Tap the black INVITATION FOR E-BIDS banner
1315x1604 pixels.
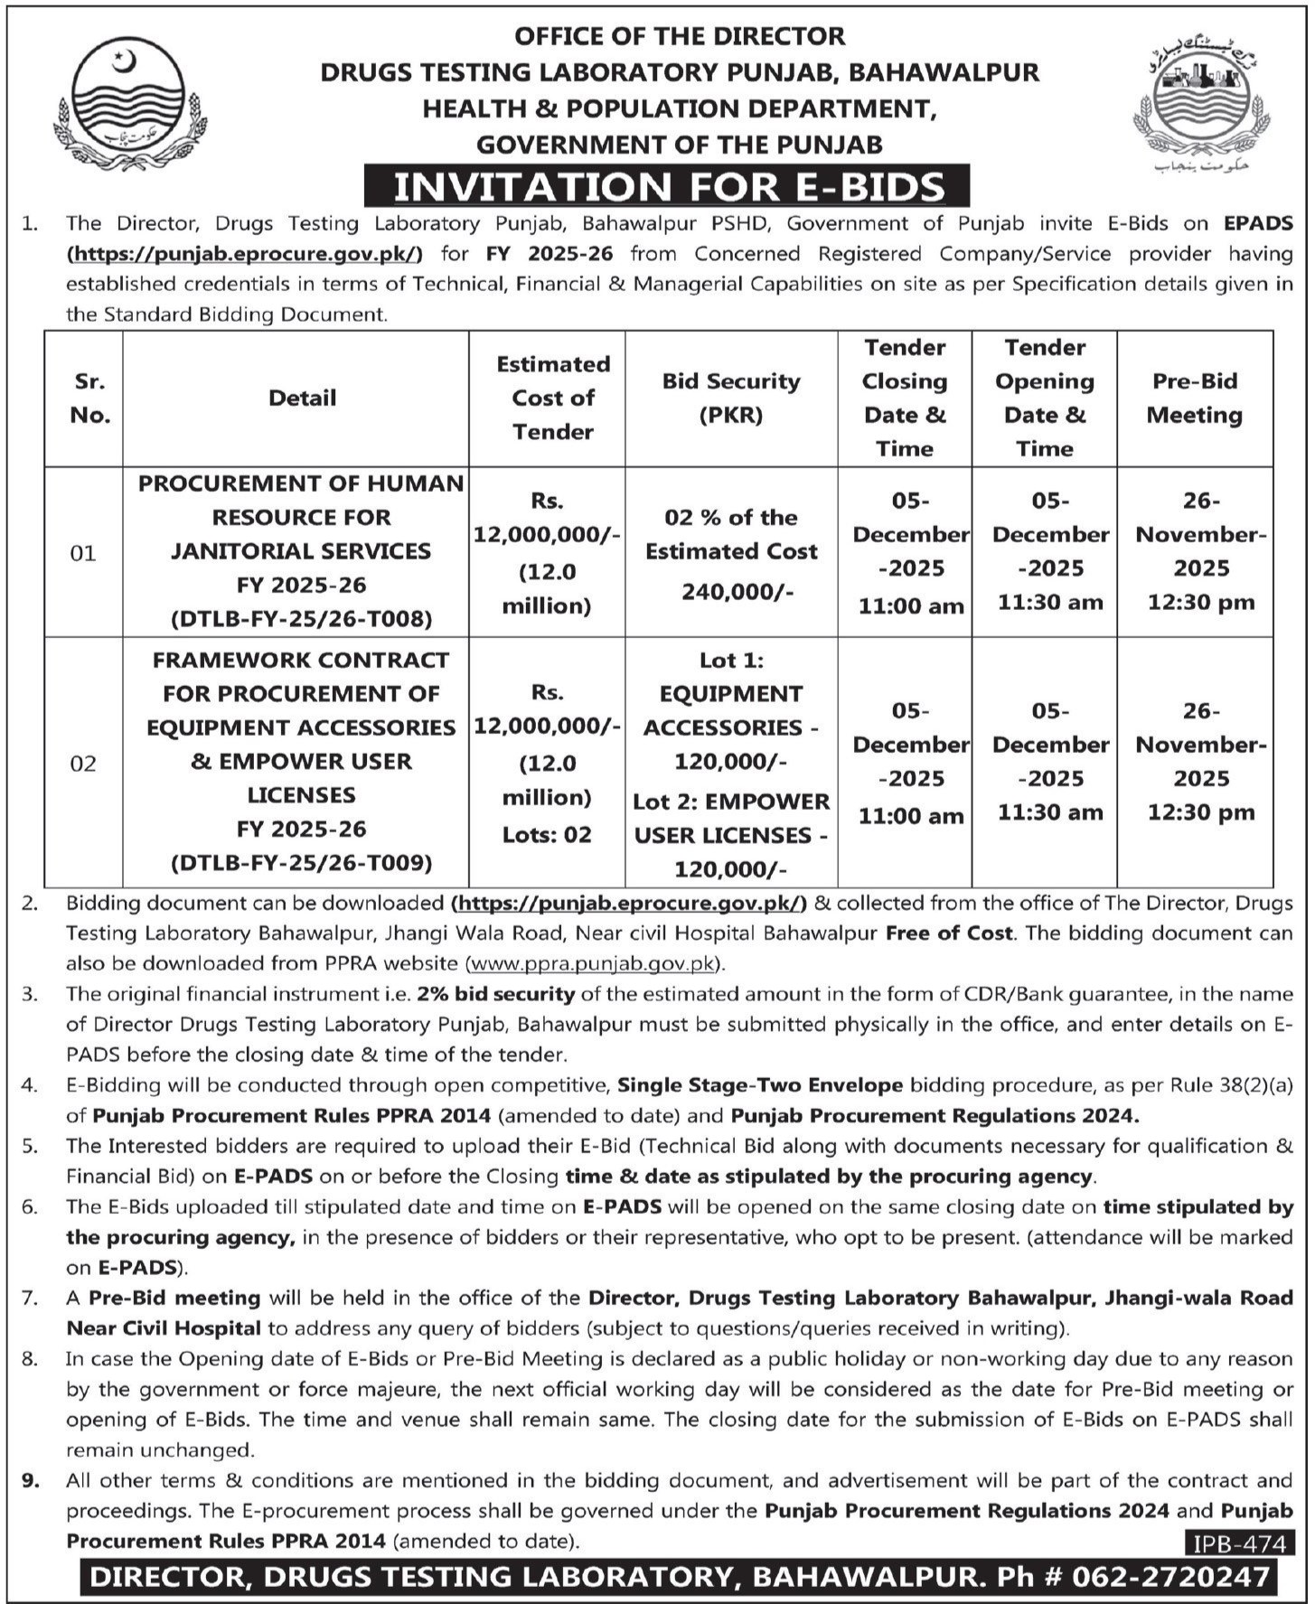coord(667,186)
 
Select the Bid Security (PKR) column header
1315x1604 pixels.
coord(730,398)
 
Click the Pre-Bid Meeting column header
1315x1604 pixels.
coord(1194,398)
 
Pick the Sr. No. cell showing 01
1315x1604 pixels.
coord(83,552)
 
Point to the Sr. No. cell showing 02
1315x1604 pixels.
coord(83,764)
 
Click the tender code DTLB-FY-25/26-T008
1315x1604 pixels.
coord(301,619)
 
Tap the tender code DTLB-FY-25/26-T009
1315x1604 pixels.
coord(301,863)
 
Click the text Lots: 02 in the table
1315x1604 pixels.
coord(547,834)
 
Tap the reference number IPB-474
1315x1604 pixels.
coord(1237,1543)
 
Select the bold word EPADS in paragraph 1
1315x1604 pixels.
coord(1258,223)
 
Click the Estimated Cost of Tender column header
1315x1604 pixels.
coord(552,398)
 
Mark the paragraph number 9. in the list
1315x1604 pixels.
coord(31,1480)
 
